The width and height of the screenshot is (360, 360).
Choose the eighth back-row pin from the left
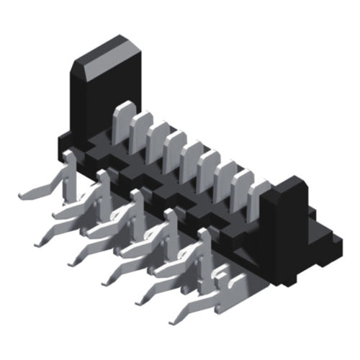tap(242, 190)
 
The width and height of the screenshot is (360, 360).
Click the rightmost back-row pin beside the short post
tap(258, 199)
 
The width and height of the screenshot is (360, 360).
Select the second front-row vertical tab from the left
tap(103, 193)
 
